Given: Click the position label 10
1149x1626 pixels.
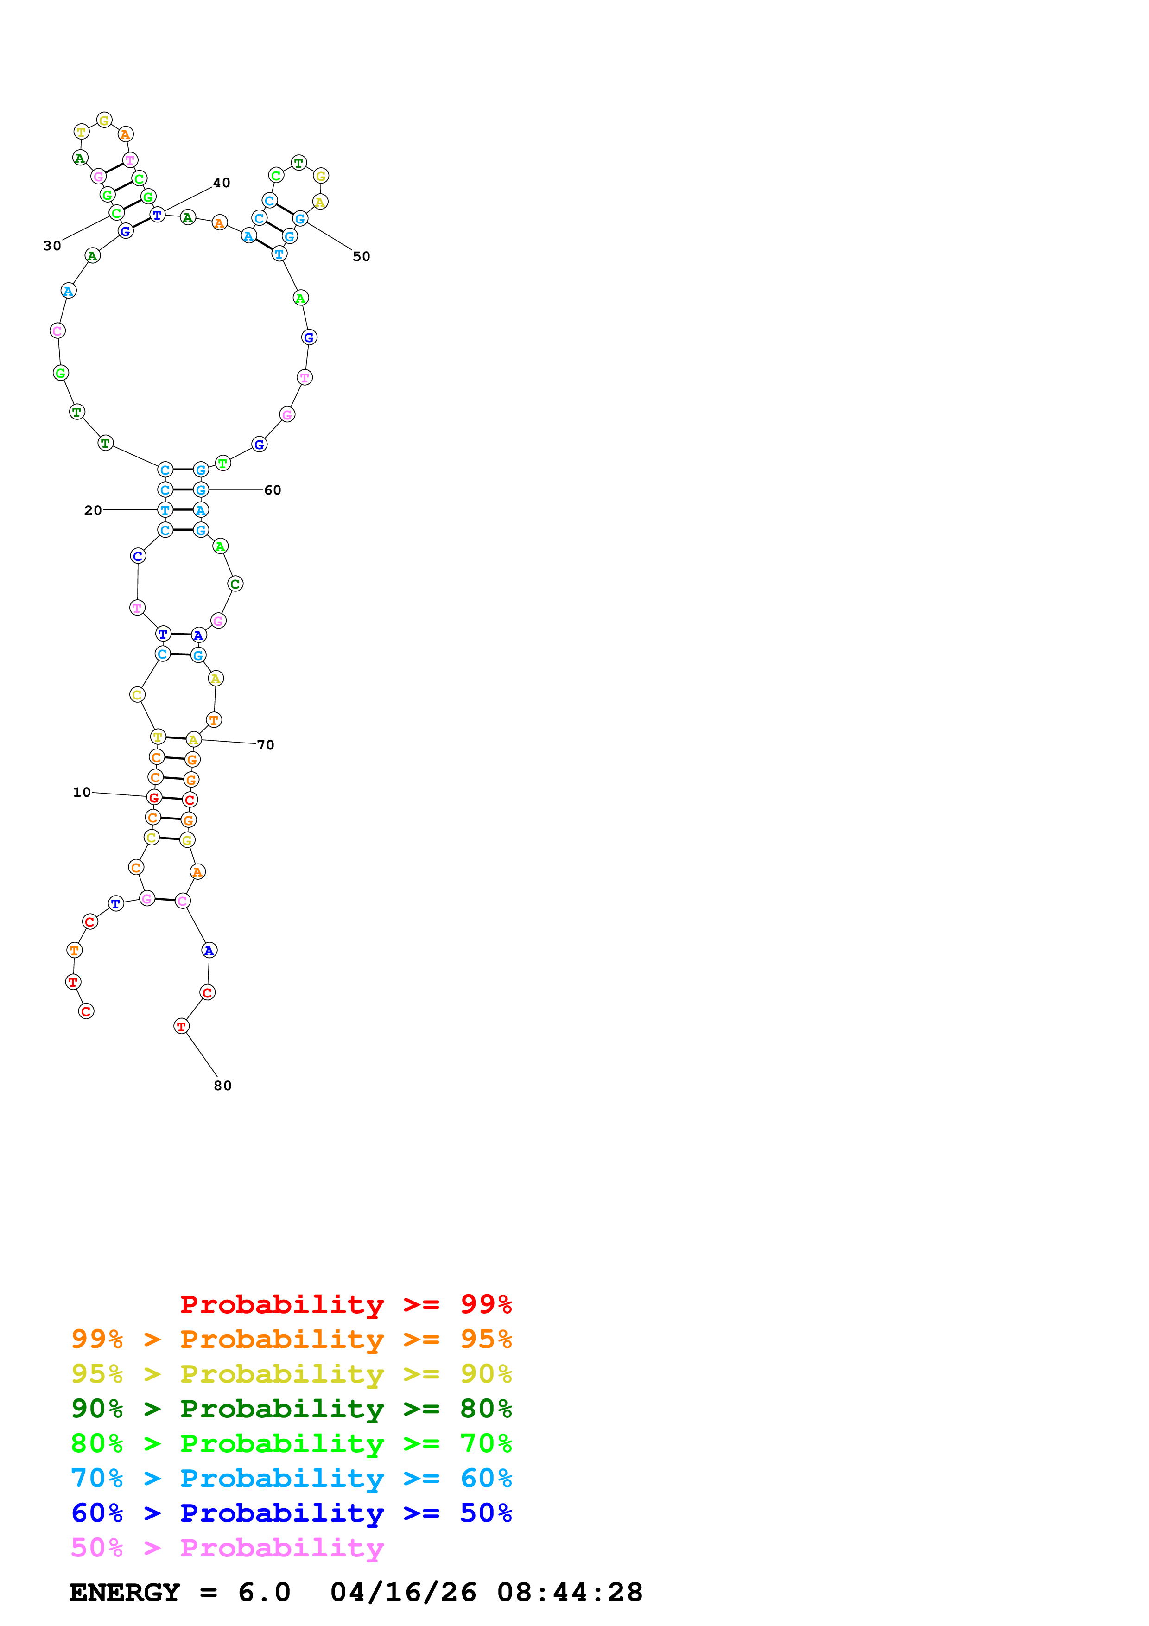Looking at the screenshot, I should pos(82,793).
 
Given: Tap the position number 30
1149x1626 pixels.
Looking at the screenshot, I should pos(52,246).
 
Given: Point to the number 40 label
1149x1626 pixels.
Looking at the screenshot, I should pos(222,183).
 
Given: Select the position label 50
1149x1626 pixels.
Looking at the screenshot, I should pos(361,256).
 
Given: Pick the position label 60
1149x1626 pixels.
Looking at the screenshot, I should pos(273,490).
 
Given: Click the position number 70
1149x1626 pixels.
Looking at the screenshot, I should pos(266,745).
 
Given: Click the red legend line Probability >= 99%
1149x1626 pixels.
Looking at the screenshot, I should pos(345,1304).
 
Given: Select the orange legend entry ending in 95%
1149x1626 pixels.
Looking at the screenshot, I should pos(292,1339).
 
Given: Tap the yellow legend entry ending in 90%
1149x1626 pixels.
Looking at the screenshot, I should pos(292,1374).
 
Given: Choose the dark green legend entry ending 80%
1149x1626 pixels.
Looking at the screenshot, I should pos(292,1409).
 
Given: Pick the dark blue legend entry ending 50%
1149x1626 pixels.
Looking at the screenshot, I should pos(292,1513).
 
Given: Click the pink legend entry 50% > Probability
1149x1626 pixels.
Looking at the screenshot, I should pos(227,1547).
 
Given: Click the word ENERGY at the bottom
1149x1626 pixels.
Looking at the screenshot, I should pos(125,1592).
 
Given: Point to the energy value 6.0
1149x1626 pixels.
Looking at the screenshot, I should pos(264,1592).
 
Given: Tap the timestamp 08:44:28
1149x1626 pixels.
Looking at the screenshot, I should pos(570,1592).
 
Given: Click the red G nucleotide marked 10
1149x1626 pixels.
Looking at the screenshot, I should pos(153,797).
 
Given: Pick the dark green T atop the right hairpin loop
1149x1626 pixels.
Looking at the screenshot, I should pos(299,163).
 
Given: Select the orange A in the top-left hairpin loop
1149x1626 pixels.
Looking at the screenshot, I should pos(125,134).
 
